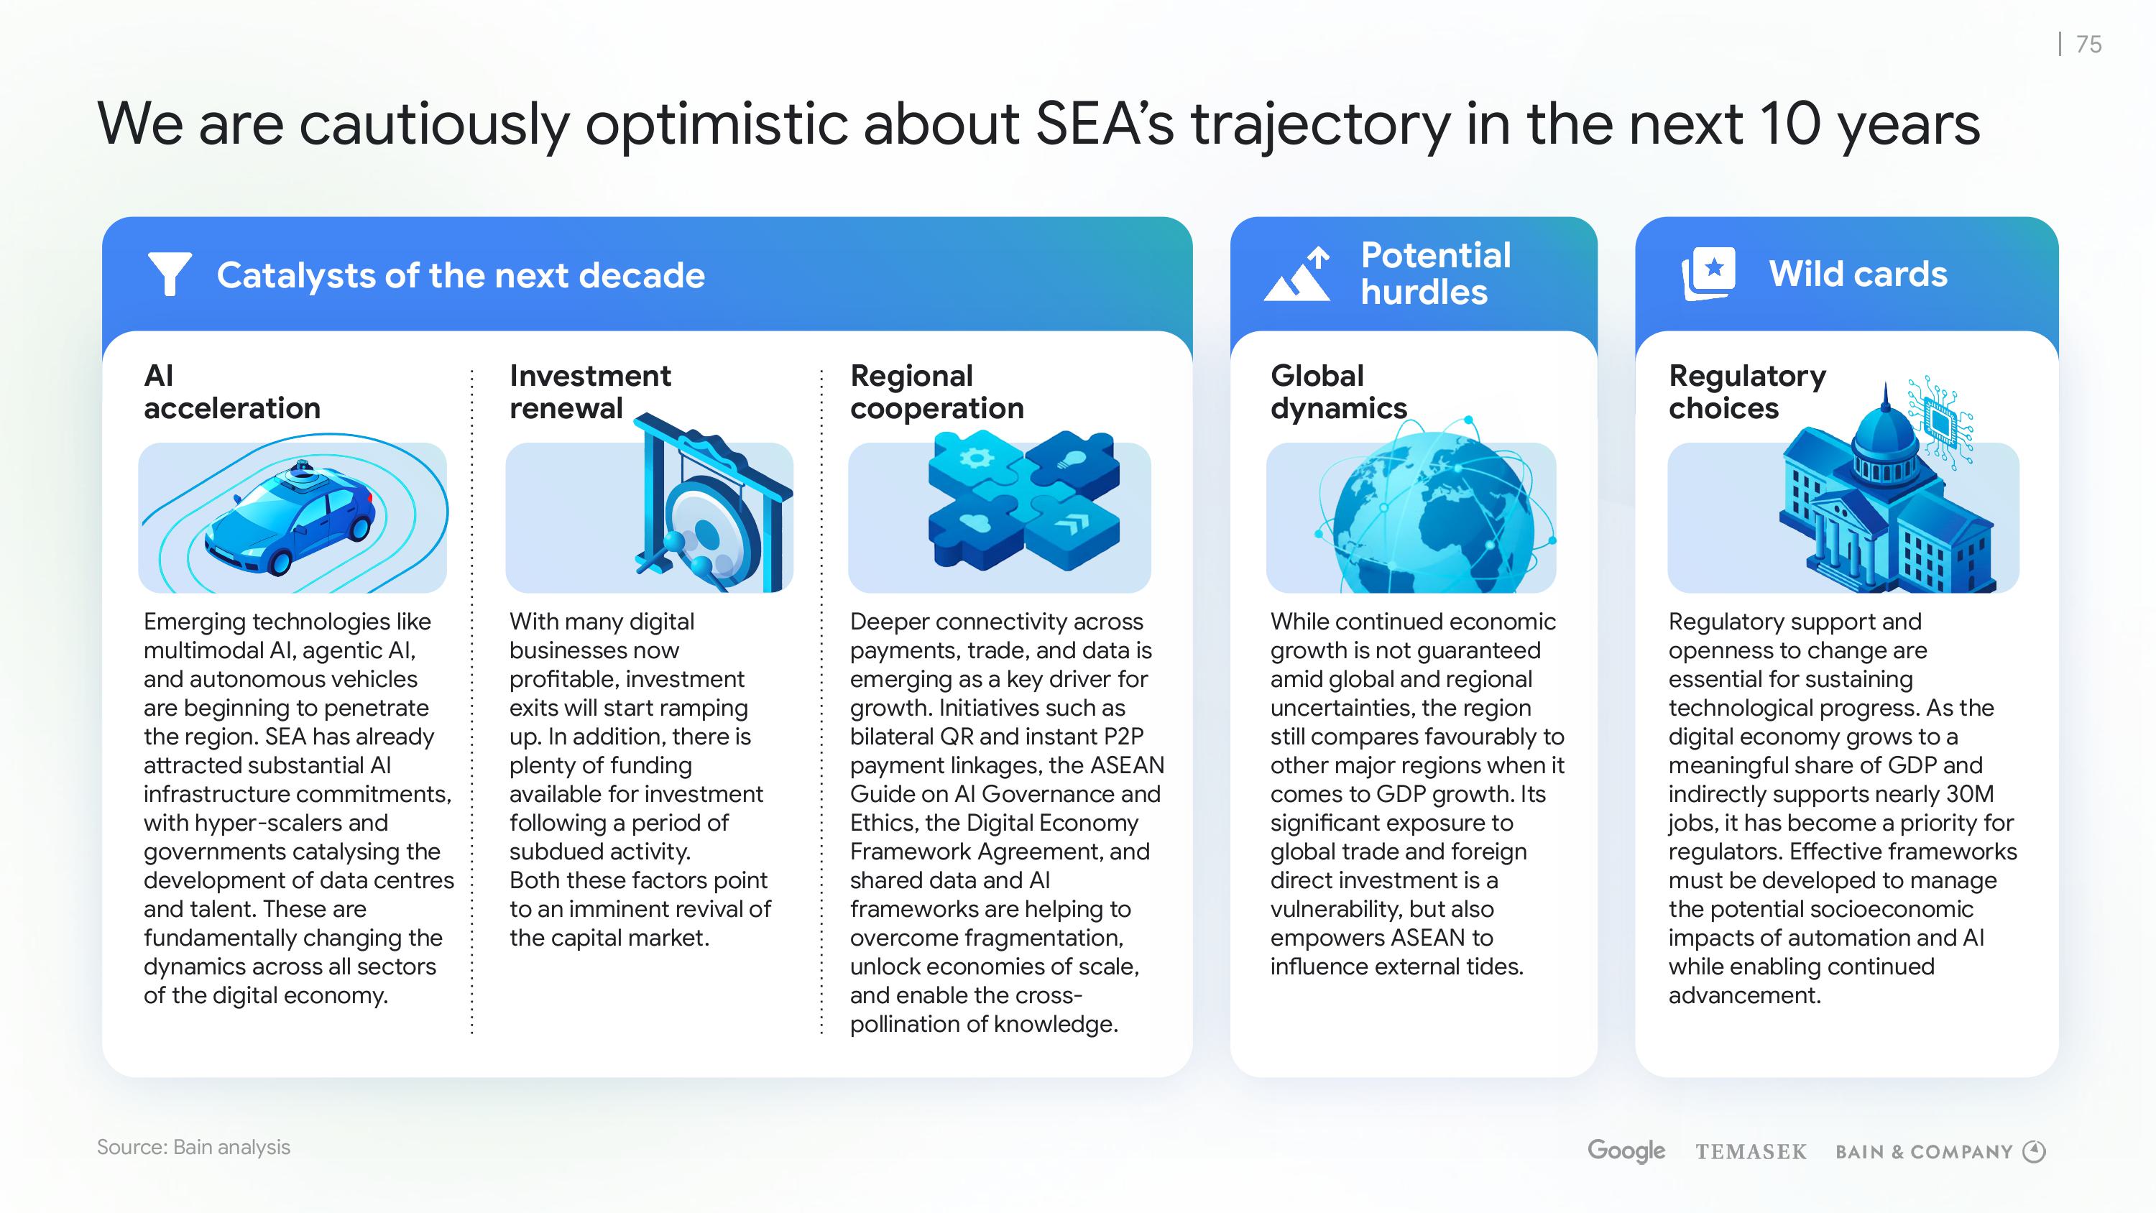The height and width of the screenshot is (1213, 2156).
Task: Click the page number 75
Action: tap(2089, 44)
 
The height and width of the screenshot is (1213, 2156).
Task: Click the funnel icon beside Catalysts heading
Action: tap(169, 274)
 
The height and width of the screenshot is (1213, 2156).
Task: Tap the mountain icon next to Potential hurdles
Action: tap(1297, 274)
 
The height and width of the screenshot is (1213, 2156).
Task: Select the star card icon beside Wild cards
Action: tap(1708, 274)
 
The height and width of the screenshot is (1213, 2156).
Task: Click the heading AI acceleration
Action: tap(232, 392)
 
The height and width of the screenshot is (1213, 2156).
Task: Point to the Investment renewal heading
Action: tap(590, 392)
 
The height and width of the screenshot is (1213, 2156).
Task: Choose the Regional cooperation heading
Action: tap(936, 392)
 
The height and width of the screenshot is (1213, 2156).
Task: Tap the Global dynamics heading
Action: tap(1338, 392)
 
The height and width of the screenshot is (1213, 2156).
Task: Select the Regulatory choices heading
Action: tap(1747, 392)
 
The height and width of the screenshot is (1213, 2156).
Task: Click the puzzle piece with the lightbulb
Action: tap(1072, 465)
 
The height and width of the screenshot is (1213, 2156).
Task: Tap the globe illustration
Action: tap(1433, 511)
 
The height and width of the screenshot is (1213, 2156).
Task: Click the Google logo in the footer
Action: tap(1626, 1151)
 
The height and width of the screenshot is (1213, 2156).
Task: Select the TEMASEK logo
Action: tap(1751, 1152)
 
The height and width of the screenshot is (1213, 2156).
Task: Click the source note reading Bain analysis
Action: tap(193, 1147)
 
